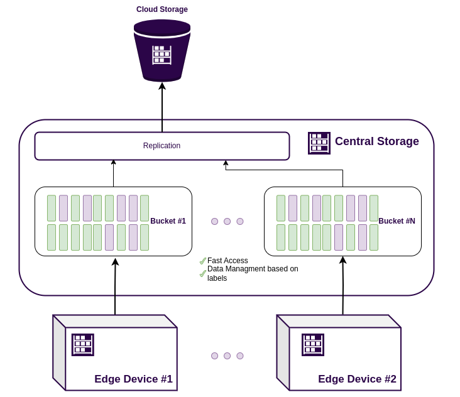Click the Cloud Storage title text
(x=162, y=9)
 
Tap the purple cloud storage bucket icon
(x=162, y=50)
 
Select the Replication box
(x=162, y=146)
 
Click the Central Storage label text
(x=376, y=141)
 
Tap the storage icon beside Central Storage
(x=319, y=143)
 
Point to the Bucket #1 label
(x=168, y=221)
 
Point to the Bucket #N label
(x=397, y=221)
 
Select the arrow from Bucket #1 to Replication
(x=114, y=173)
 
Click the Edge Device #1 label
(x=133, y=379)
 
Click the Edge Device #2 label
(x=357, y=379)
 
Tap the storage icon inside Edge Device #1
(x=83, y=344)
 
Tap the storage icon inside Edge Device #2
(x=313, y=344)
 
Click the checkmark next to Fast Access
(x=203, y=261)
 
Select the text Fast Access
(x=227, y=261)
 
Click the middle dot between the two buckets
(x=227, y=221)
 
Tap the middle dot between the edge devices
(x=227, y=356)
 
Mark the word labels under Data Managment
(x=217, y=278)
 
